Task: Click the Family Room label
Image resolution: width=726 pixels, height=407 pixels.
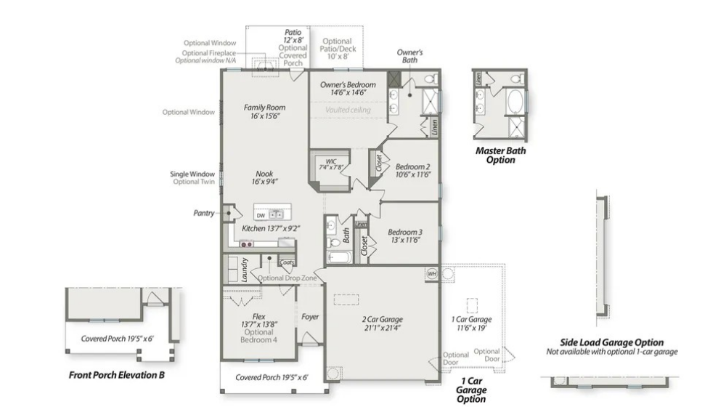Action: [x=264, y=108]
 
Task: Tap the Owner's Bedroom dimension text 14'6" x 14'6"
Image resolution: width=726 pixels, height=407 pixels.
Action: [x=348, y=93]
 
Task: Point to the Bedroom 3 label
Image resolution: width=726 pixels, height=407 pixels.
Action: [x=404, y=233]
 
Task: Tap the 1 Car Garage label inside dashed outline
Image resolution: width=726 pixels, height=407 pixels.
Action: [x=471, y=319]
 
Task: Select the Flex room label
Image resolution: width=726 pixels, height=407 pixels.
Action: [x=258, y=316]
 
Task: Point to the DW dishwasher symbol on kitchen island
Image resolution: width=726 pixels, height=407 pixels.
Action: [x=261, y=215]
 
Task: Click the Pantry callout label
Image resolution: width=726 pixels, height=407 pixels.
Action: [x=204, y=213]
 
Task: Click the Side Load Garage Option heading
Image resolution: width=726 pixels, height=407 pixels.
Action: [x=611, y=342]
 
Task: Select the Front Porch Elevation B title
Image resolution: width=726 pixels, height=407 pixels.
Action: [x=117, y=376]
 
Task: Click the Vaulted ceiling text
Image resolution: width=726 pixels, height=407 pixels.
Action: [x=348, y=110]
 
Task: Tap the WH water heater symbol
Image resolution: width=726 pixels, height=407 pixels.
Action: [x=431, y=274]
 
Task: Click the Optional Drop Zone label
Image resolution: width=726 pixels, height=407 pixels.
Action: [x=287, y=278]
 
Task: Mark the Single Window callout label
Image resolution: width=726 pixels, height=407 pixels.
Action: [x=192, y=174]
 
